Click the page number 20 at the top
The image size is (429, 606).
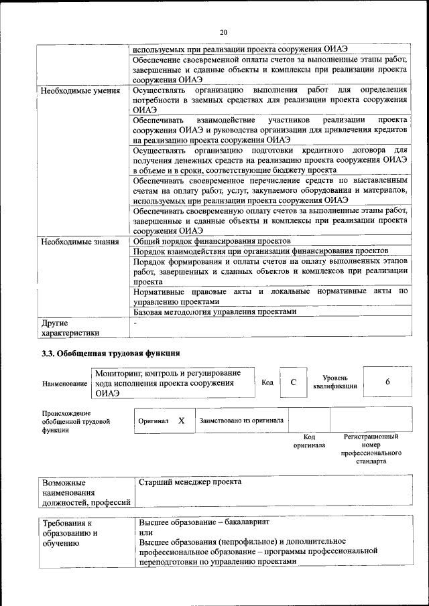pyautogui.click(x=224, y=31)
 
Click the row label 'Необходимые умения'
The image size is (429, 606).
pyautogui.click(x=80, y=90)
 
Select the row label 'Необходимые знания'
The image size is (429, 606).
pyautogui.click(x=80, y=241)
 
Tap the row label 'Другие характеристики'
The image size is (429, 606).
pyautogui.click(x=70, y=327)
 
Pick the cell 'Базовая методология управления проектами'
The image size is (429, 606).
pyautogui.click(x=214, y=311)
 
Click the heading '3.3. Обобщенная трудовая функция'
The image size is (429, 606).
pyautogui.click(x=111, y=353)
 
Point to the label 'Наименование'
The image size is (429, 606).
pyautogui.click(x=64, y=383)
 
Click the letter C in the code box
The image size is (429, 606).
pyautogui.click(x=293, y=382)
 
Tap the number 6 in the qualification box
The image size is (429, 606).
pyautogui.click(x=387, y=382)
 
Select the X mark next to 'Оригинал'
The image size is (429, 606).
pyautogui.click(x=181, y=421)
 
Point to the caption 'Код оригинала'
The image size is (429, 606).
pyautogui.click(x=309, y=441)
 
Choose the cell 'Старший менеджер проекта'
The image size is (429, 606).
pyautogui.click(x=190, y=482)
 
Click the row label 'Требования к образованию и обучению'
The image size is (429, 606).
pyautogui.click(x=70, y=533)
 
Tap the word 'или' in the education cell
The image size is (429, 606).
pyautogui.click(x=145, y=532)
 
